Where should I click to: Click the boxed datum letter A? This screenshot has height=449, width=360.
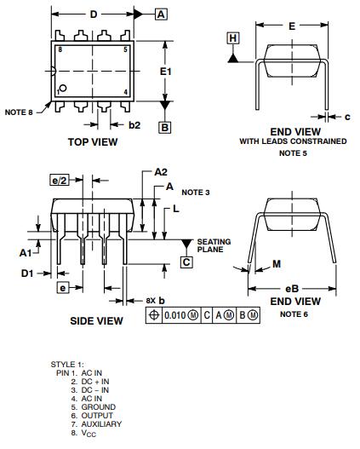tap(161, 14)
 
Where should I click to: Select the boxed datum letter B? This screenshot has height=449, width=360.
tap(165, 128)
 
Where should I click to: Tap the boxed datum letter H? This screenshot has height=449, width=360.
tap(233, 38)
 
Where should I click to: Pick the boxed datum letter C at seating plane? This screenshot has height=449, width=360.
tap(186, 262)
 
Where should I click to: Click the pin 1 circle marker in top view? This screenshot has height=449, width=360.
tap(63, 88)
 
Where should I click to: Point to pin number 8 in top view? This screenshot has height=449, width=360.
tap(60, 49)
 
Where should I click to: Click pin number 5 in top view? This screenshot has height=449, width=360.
tap(125, 49)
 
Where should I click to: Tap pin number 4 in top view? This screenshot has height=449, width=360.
tap(125, 92)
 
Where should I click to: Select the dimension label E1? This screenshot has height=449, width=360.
tap(166, 72)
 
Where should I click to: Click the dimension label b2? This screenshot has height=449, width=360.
tap(134, 125)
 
